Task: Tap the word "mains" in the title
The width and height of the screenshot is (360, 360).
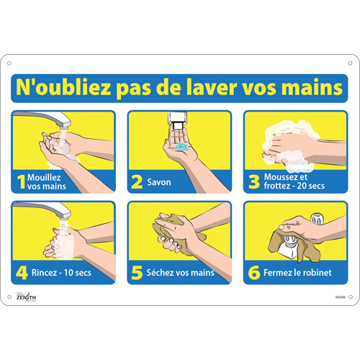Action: (x=314, y=89)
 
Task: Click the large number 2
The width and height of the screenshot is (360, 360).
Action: (x=137, y=182)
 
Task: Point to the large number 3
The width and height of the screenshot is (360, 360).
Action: (x=253, y=182)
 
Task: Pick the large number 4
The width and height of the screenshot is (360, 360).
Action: (x=22, y=273)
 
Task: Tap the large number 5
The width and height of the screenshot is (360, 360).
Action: (x=137, y=273)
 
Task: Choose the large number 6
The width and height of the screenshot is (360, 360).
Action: (x=253, y=273)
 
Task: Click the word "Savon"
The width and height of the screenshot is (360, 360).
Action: (x=159, y=182)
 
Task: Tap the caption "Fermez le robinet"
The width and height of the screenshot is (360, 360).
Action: (x=296, y=273)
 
